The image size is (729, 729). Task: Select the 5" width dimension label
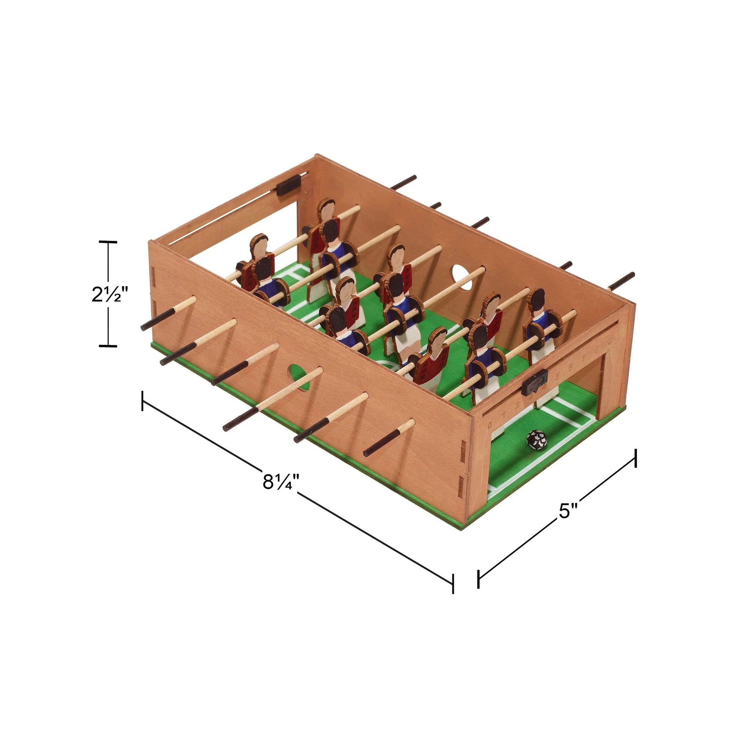[x=568, y=511]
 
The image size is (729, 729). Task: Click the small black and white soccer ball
[x=536, y=440]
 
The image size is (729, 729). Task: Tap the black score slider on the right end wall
[x=534, y=382]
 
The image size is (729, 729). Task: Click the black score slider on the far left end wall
[x=289, y=185]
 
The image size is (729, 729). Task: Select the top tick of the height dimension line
[x=108, y=242]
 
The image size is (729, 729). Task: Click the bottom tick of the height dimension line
[x=108, y=345]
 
